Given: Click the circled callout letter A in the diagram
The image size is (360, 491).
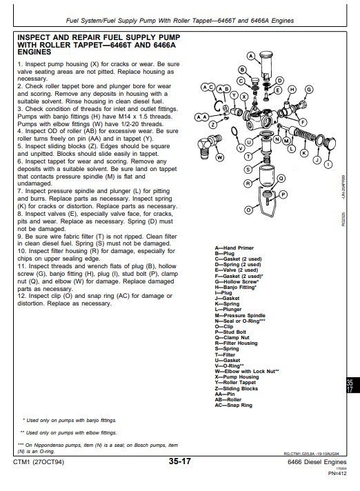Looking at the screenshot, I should pos(250,54).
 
